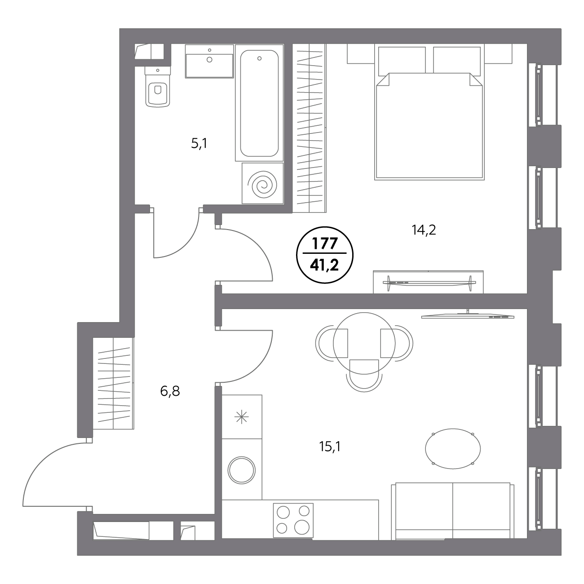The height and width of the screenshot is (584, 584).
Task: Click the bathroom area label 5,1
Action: click(199, 143)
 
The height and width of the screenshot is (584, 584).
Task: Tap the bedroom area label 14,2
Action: click(424, 230)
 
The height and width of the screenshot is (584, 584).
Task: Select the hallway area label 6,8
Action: click(170, 391)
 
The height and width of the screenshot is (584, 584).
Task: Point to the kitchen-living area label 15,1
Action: click(330, 447)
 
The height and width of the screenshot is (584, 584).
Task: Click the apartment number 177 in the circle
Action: click(325, 243)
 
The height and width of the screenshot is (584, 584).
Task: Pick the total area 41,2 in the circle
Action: click(325, 266)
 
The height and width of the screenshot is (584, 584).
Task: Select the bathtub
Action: click(259, 103)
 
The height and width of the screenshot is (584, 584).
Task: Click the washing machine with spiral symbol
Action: click(262, 184)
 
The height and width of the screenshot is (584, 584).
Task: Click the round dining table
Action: click(364, 343)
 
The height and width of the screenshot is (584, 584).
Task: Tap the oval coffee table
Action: click(453, 449)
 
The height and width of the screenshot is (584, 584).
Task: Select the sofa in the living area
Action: click(453, 515)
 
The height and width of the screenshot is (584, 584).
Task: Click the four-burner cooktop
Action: click(293, 520)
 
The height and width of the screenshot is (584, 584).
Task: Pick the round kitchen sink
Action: click(242, 470)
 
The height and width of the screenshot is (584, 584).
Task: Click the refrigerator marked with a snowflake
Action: click(242, 417)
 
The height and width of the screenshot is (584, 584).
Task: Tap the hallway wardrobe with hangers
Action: click(113, 383)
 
